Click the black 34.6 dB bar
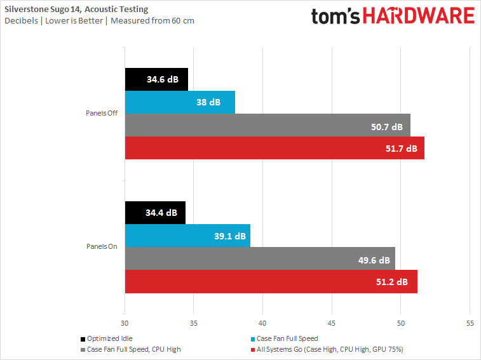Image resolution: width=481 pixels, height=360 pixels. pos(156,80)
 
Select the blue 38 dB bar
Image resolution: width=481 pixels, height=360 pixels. pos(180,102)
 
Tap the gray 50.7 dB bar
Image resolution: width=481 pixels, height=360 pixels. pos(268,125)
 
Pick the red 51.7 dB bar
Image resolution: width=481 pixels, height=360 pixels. pos(274,148)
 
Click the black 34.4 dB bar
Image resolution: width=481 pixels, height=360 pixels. pos(156,213)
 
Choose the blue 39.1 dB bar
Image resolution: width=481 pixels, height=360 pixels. pos(187,236)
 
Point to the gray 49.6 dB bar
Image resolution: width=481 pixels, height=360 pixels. pos(260,258)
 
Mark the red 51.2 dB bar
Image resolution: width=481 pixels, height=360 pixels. pos(271,281)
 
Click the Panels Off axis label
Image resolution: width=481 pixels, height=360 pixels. pos(102,114)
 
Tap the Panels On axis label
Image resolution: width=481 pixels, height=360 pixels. pos(102,247)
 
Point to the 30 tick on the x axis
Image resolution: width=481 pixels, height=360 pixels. pos(125,322)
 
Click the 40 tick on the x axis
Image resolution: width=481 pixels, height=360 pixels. pos(262,322)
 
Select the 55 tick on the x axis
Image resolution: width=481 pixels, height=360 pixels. pos(470,322)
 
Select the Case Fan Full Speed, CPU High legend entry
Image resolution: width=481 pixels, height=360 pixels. pos(131,349)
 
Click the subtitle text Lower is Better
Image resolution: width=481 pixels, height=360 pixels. pos(74,20)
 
